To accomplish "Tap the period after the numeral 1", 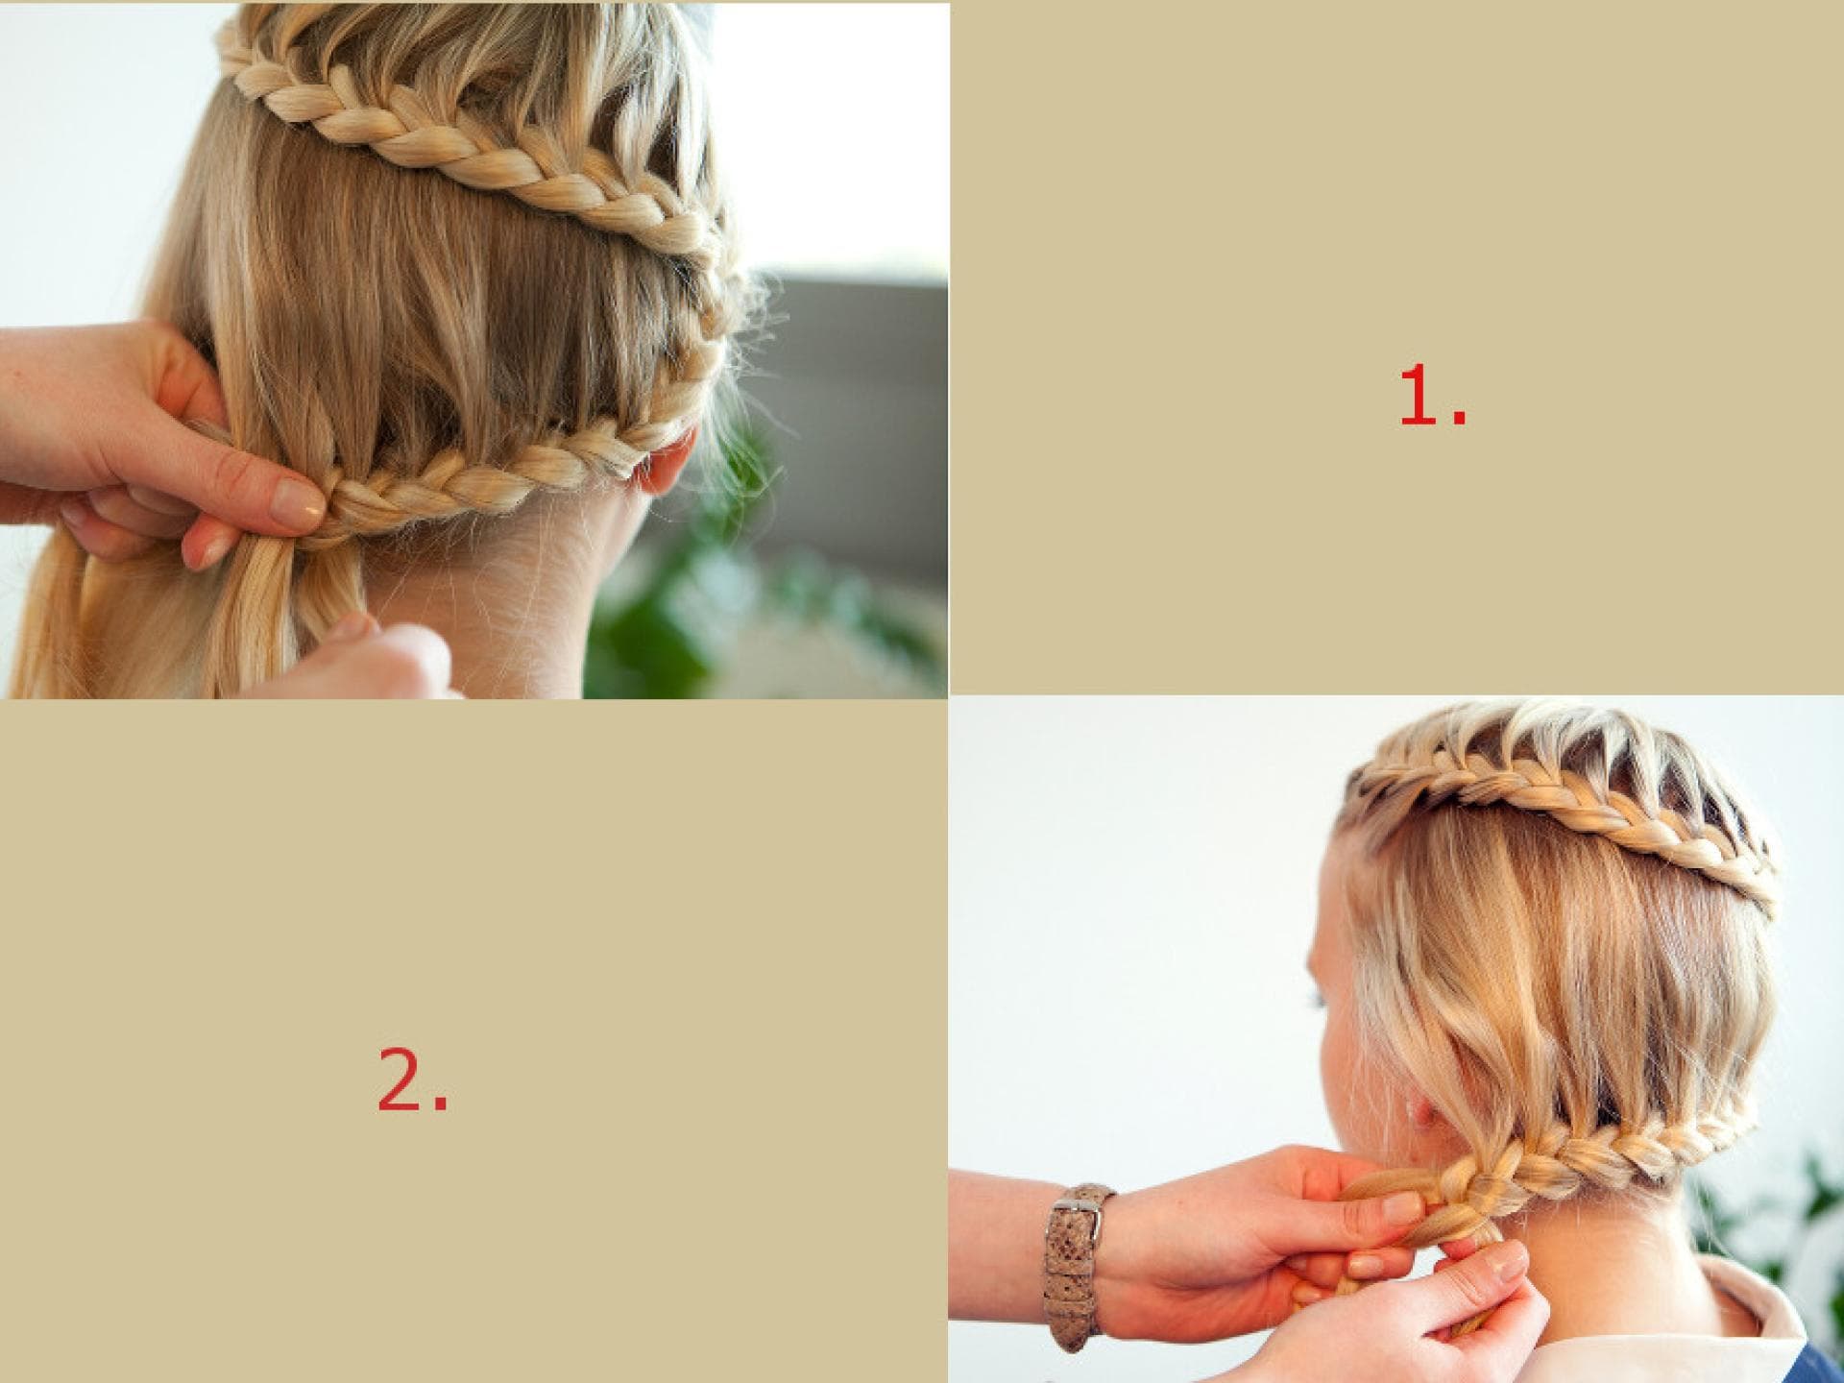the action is (1460, 418).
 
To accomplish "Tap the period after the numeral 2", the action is (440, 1104).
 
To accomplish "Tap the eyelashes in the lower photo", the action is (1321, 999).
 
